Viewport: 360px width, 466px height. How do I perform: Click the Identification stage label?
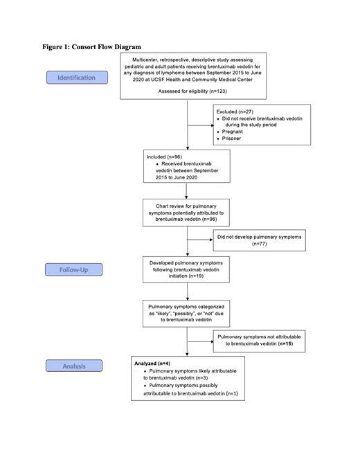point(76,78)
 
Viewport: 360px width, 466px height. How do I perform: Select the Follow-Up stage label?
point(73,269)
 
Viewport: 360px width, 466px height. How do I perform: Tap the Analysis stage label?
point(73,366)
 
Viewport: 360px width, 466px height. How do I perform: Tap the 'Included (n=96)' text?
point(164,157)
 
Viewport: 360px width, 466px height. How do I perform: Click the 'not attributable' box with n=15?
point(259,341)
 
